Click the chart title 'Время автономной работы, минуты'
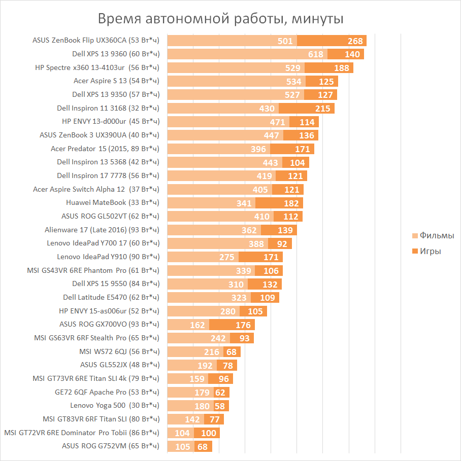pos(221,19)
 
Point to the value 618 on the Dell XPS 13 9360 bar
pos(316,54)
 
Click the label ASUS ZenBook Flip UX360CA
pos(96,40)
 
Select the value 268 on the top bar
pos(355,41)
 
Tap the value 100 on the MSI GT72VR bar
pos(208,433)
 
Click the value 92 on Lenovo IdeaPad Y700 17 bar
pos(282,244)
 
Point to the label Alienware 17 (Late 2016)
pos(102,229)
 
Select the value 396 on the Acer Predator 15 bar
pos(258,149)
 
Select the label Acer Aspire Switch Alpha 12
pos(96,189)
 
